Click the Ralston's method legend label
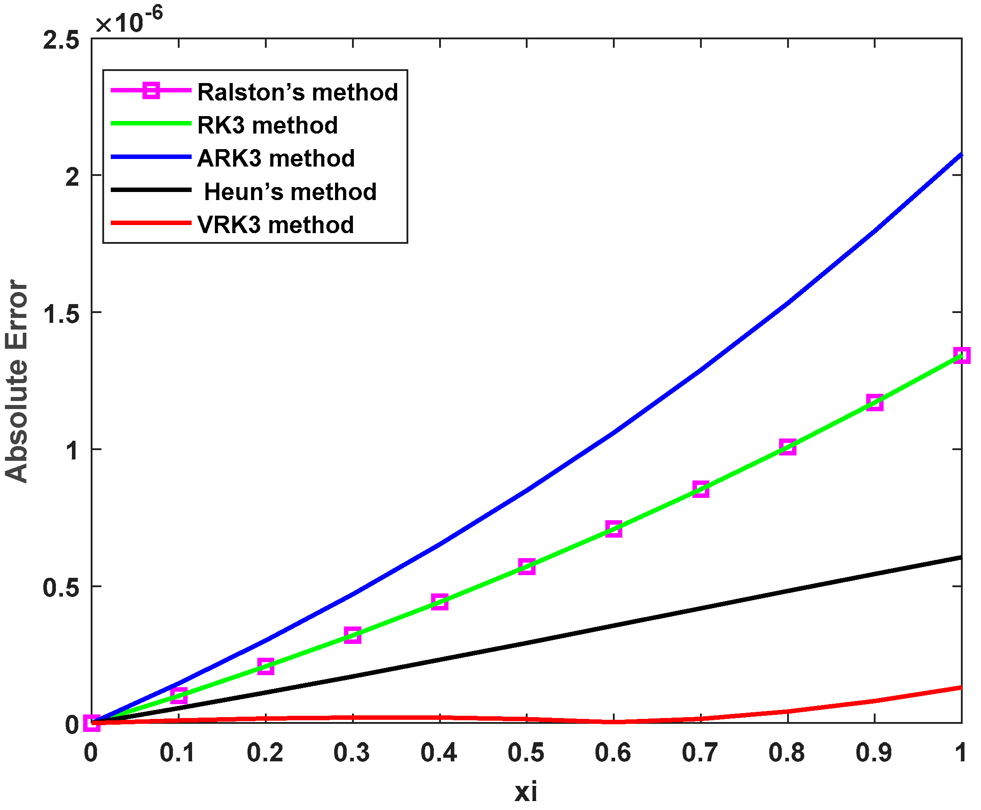pos(297,92)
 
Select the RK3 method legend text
pos(268,125)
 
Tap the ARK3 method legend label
pos(276,158)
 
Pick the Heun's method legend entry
pos(290,192)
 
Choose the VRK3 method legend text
pos(275,225)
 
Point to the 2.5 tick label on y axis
pos(61,40)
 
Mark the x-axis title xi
pos(526,792)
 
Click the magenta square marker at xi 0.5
pos(526,567)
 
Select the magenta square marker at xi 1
pos(962,355)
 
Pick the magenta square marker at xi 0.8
pos(788,447)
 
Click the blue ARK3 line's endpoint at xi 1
pos(960,154)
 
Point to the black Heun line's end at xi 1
pos(960,558)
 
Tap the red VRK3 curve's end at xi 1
pos(960,687)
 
